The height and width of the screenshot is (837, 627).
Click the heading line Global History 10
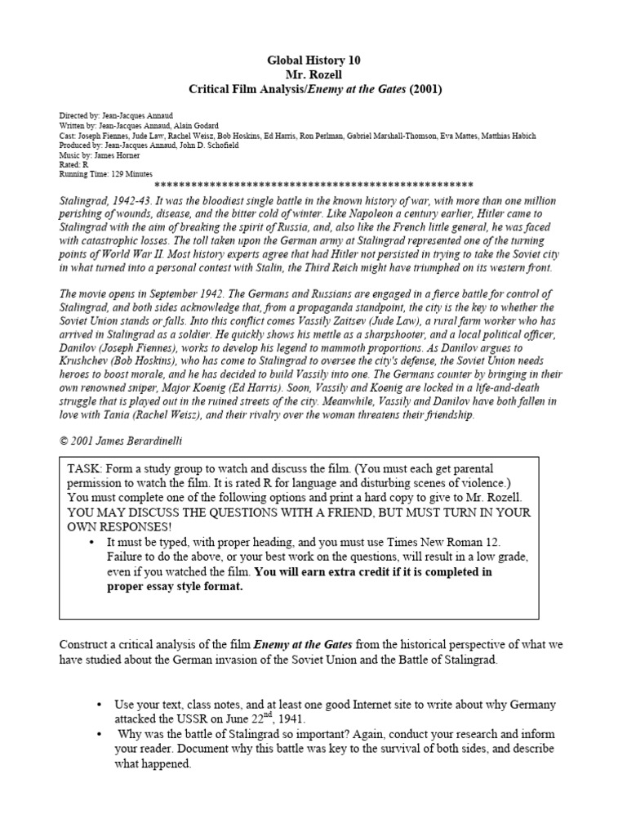coord(313,60)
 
